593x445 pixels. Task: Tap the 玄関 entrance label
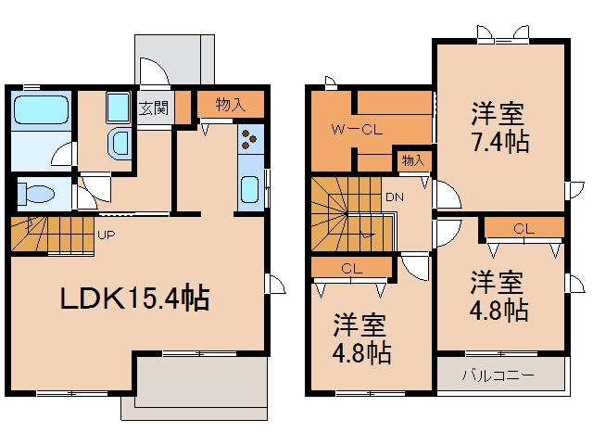[x=154, y=108]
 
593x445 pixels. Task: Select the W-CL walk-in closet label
[x=357, y=130]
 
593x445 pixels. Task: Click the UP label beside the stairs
[x=106, y=235]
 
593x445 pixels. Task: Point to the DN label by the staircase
[x=395, y=197]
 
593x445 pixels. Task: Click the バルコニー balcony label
[x=498, y=375]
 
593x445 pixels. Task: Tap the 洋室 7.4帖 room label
[x=499, y=127]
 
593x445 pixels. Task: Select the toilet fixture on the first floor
[x=36, y=194]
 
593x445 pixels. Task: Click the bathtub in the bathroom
[x=41, y=109]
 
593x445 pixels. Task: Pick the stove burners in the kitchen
[x=249, y=139]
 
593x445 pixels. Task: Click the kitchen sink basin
[x=250, y=189]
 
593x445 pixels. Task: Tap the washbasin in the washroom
[x=120, y=144]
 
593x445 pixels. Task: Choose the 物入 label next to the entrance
[x=231, y=105]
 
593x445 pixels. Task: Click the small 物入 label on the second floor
[x=413, y=160]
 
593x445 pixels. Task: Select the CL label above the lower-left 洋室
[x=352, y=269]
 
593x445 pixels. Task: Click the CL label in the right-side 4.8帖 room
[x=524, y=229]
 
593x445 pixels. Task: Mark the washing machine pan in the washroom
[x=119, y=108]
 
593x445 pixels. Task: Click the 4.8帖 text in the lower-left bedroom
[x=361, y=352]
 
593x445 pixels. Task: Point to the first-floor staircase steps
[x=52, y=234]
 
